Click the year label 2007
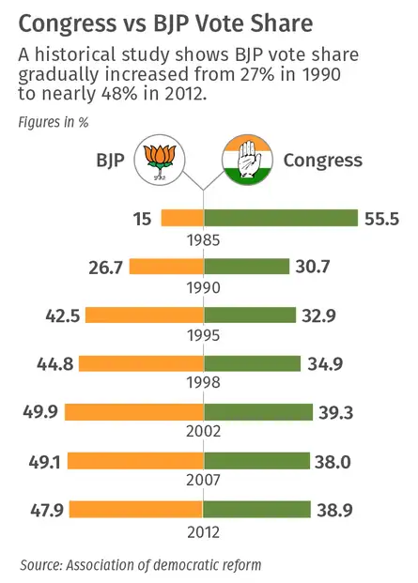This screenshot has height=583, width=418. click(x=203, y=481)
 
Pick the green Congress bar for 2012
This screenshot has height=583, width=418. click(x=256, y=509)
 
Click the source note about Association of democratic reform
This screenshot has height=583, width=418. click(x=141, y=564)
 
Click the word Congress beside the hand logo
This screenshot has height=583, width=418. click(x=322, y=160)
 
